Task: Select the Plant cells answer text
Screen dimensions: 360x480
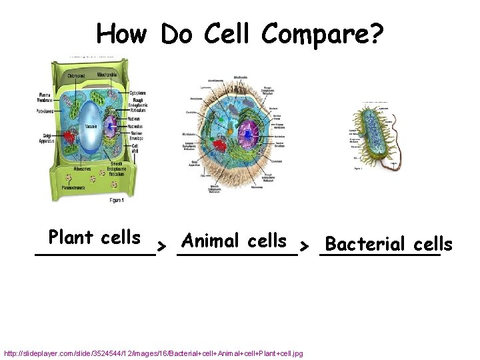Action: coord(95,237)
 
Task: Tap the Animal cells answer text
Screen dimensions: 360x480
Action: coord(234,240)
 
